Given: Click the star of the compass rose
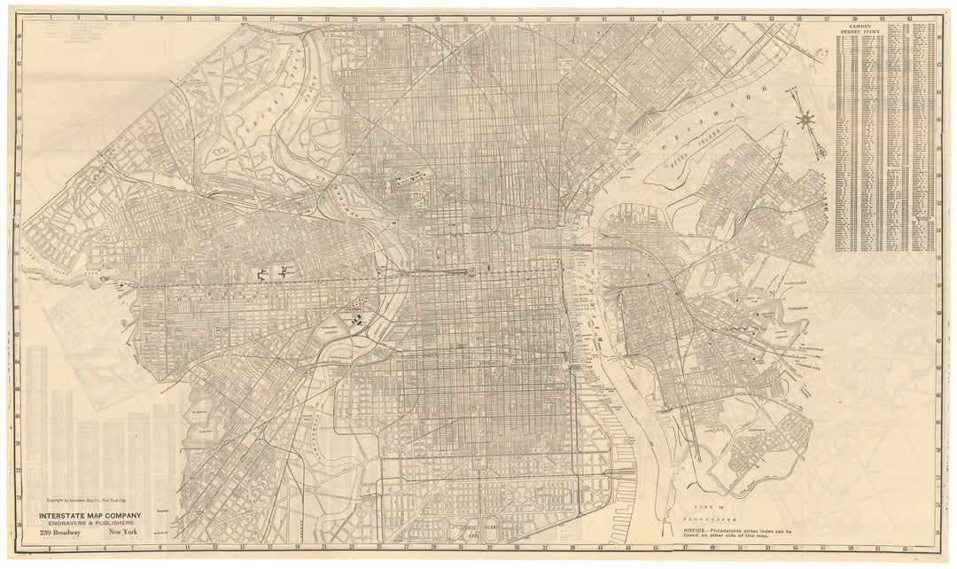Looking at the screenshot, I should tap(805, 117).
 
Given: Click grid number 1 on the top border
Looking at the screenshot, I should tap(51, 17).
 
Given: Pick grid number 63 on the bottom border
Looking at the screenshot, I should tap(909, 550).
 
